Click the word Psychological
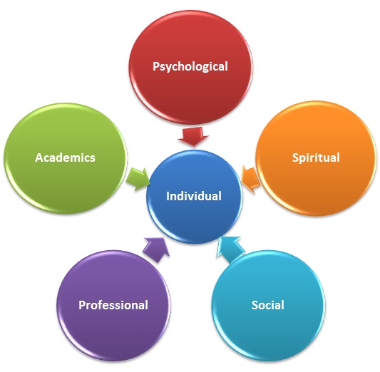point(190,66)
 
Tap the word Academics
point(65,157)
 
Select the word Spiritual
point(316,158)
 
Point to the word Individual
point(194,196)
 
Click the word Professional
point(113,305)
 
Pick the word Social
point(268,305)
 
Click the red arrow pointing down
point(193,137)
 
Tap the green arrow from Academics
point(138,179)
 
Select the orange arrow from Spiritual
point(250,180)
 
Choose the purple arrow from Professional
point(156,249)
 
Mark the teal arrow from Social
point(230,249)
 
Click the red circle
point(190,67)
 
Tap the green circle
point(65,159)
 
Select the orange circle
point(316,158)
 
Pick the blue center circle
point(194,197)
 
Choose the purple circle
point(113,306)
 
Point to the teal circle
point(268,306)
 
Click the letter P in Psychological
point(156,66)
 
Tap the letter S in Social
point(255,305)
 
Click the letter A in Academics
point(39,157)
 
